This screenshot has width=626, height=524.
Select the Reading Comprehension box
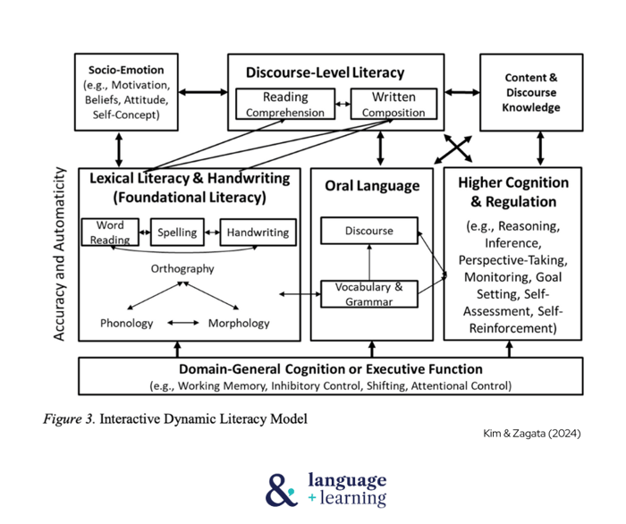284,105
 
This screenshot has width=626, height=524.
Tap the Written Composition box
393,105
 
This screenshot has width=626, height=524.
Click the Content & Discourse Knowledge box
532,93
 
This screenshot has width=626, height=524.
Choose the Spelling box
177,232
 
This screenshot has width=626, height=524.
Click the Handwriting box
258,232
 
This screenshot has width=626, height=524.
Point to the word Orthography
182,268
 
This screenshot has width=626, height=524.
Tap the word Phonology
127,323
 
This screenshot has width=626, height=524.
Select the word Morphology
239,323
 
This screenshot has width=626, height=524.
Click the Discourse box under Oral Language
369,231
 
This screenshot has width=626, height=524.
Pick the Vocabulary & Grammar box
369,294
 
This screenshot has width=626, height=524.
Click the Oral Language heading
372,186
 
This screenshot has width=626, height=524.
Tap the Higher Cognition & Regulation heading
512,191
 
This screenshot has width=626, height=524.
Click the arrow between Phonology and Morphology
183,323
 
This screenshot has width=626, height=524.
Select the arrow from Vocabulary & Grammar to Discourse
369,262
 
